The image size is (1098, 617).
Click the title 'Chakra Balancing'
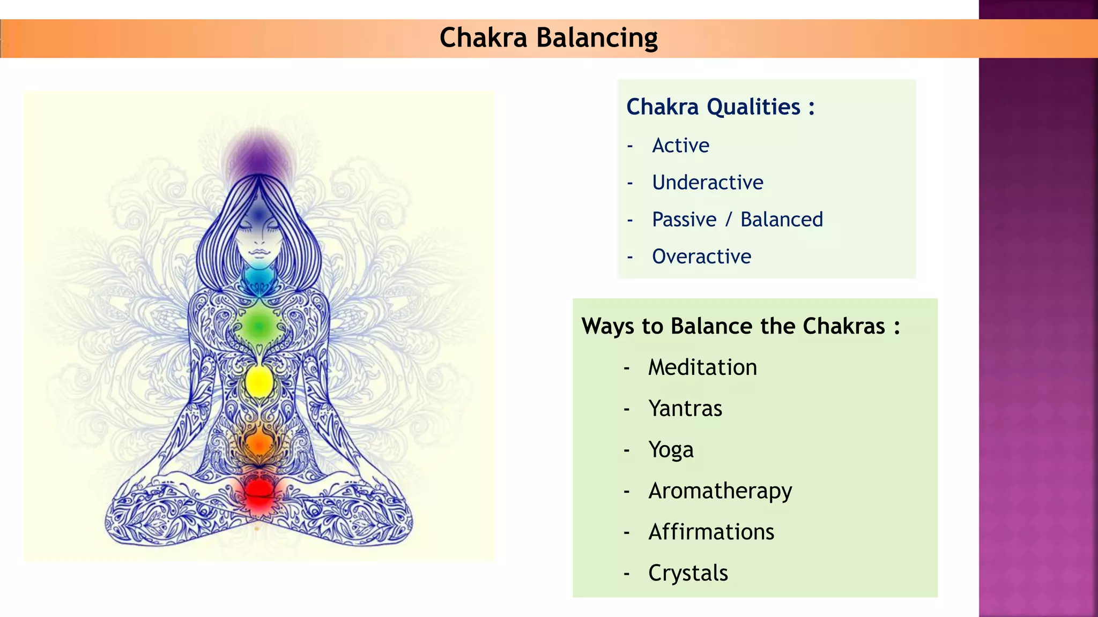click(548, 37)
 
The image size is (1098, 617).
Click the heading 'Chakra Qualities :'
click(720, 107)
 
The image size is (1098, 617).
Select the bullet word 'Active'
click(680, 145)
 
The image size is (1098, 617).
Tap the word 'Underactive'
click(707, 182)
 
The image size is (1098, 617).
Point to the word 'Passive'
click(684, 220)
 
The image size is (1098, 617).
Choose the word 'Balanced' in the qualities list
click(781, 220)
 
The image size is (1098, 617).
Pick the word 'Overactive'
click(701, 257)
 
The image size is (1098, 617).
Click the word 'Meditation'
click(702, 367)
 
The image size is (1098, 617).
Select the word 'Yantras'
click(685, 409)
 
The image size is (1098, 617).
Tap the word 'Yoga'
click(671, 450)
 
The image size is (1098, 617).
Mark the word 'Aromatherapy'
click(720, 491)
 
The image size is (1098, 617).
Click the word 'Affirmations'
click(711, 532)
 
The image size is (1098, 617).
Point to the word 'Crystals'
click(688, 573)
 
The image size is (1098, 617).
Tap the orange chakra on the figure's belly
click(259, 442)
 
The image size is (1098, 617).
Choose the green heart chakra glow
click(258, 325)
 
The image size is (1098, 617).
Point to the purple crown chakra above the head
click(259, 155)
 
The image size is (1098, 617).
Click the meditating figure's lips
click(259, 251)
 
